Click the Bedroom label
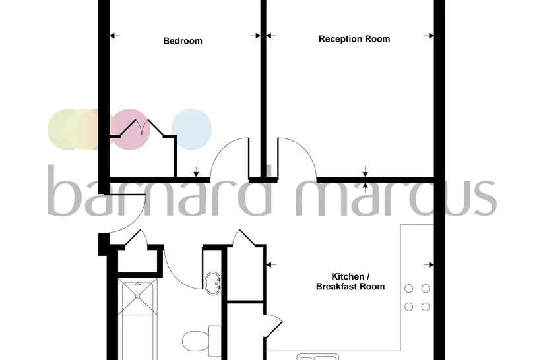[183, 41]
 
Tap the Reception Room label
[354, 39]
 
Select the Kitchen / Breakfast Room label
[350, 282]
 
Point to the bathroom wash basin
[212, 284]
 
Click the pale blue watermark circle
[191, 129]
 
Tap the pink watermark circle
[130, 129]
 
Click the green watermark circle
[67, 129]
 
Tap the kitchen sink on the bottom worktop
[318, 357]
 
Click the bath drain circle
[137, 296]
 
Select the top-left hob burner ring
[409, 289]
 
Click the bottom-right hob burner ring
[426, 307]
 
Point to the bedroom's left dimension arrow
[115, 36]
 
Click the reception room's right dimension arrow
[429, 36]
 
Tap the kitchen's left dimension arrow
[272, 265]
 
